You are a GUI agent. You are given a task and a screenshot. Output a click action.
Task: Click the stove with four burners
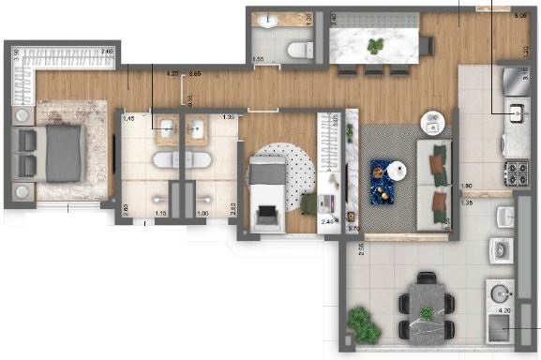pos(518,172)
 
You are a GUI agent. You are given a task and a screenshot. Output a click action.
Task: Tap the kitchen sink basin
pos(517,115)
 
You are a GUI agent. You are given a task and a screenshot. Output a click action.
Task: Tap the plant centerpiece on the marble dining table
pos(375,45)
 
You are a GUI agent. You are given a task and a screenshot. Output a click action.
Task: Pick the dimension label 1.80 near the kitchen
pos(465,186)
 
